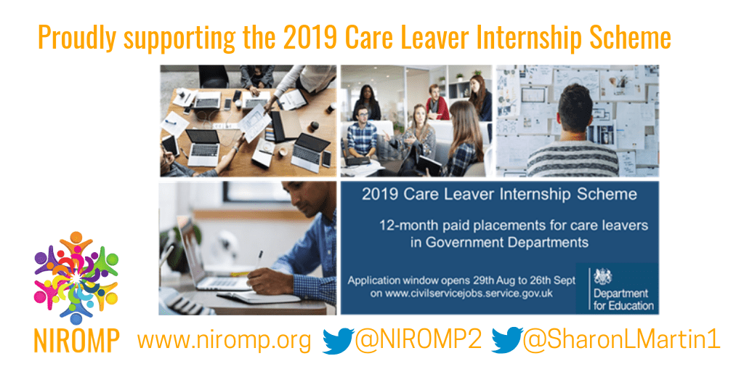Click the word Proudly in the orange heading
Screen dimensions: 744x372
point(76,38)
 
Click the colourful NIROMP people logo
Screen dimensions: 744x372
point(76,278)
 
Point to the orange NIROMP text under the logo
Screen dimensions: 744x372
point(76,340)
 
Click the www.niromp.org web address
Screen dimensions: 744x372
point(224,340)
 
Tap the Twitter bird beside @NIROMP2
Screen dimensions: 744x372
point(337,341)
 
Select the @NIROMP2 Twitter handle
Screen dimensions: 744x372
point(418,340)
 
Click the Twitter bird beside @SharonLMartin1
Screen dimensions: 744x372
point(506,341)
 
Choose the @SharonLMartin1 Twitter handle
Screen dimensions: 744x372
point(621,340)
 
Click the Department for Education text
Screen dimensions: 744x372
point(623,299)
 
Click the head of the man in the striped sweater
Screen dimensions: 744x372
point(575,108)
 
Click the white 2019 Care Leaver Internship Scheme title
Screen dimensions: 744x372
point(499,195)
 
